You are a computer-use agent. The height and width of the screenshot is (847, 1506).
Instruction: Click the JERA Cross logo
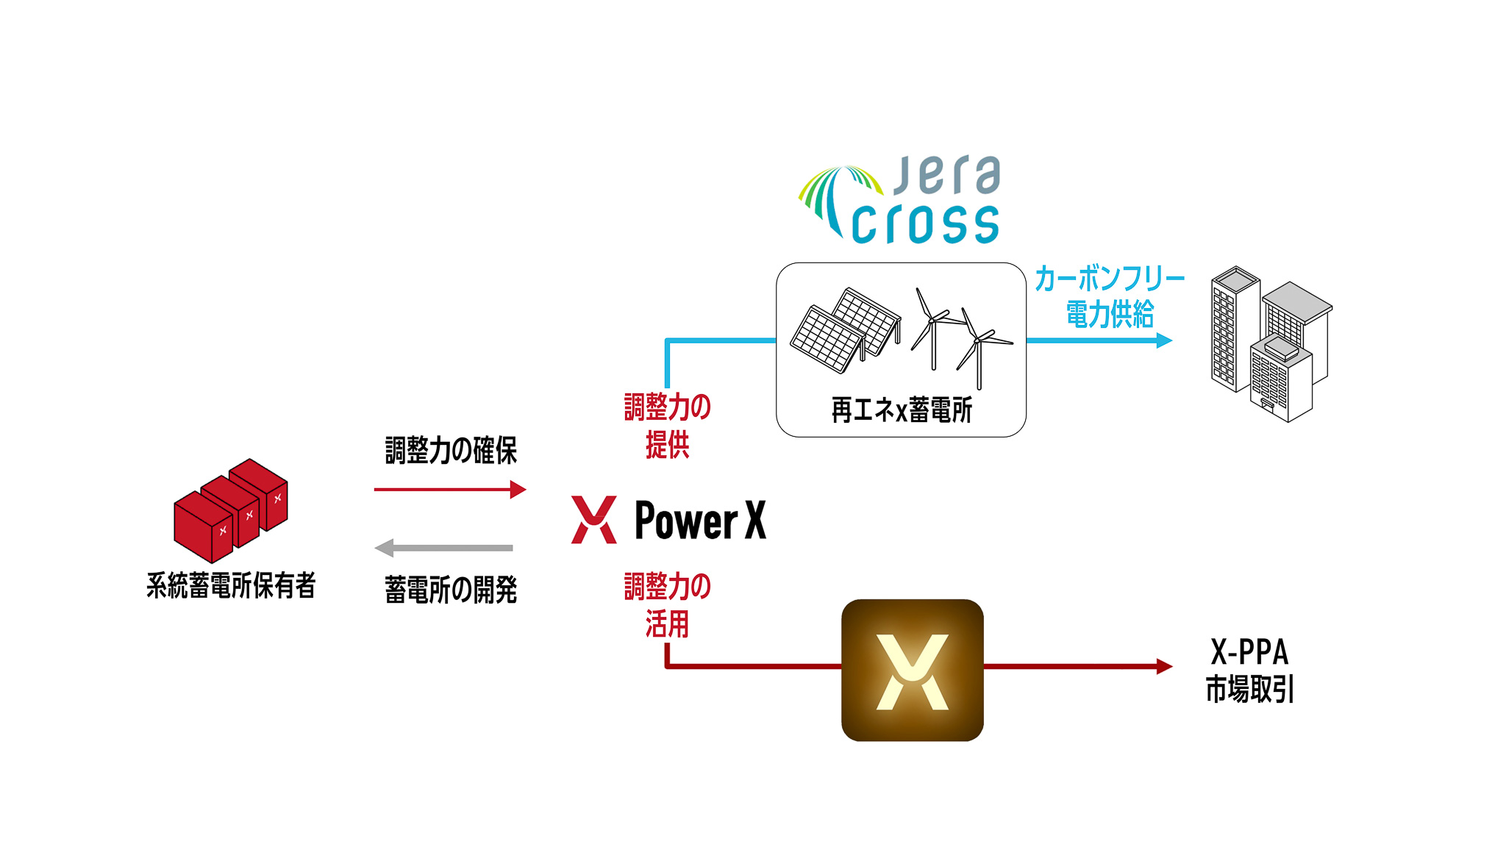point(901,200)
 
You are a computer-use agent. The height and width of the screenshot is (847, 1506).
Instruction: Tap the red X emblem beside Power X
point(594,520)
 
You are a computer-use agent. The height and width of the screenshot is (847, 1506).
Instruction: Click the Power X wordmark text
point(700,520)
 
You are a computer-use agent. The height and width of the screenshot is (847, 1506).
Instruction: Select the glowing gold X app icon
point(912,670)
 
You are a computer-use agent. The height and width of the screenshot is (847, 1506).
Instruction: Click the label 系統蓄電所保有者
point(231,586)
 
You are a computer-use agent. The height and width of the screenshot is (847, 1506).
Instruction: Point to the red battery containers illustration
point(230,510)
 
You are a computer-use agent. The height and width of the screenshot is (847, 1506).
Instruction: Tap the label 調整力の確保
point(451,450)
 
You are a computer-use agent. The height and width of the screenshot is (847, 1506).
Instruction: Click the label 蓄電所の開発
point(451,590)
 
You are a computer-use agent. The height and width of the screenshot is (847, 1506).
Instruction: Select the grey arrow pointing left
point(443,548)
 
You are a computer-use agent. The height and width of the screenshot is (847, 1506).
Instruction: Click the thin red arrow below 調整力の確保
point(449,489)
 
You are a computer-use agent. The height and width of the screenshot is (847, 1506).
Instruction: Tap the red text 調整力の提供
point(667,426)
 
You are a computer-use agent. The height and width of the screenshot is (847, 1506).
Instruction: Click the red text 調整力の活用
point(667,605)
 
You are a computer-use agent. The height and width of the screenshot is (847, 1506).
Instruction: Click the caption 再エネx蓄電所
point(902,410)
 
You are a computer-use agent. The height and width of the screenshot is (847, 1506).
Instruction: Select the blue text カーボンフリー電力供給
point(1110,297)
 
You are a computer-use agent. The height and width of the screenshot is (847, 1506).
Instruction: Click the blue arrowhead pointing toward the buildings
point(1164,340)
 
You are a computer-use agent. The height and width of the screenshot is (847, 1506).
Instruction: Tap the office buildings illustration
point(1270,344)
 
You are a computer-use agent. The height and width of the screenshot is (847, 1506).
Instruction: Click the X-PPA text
point(1249,652)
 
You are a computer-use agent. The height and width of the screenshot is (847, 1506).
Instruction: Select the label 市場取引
point(1249,690)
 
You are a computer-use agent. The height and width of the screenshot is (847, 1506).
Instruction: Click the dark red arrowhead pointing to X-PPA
point(1164,666)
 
